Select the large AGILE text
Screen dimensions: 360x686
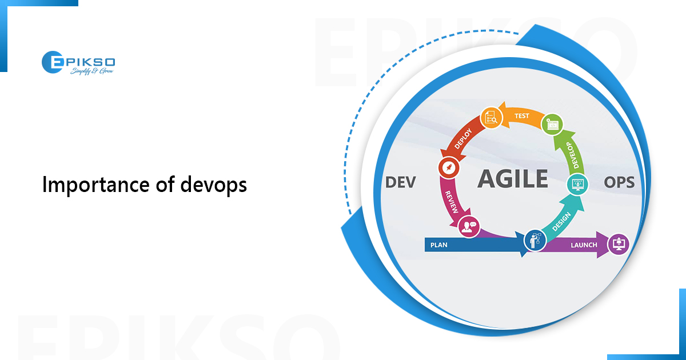(x=513, y=179)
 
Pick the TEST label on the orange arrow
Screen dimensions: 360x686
(x=521, y=116)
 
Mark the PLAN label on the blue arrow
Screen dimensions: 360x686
(x=439, y=245)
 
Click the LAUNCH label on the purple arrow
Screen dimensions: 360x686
(x=583, y=245)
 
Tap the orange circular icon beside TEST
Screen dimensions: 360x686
(x=491, y=117)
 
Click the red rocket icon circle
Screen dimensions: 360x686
(x=446, y=168)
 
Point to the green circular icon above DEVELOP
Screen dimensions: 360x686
(x=552, y=123)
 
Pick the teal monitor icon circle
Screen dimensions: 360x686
(x=577, y=184)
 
